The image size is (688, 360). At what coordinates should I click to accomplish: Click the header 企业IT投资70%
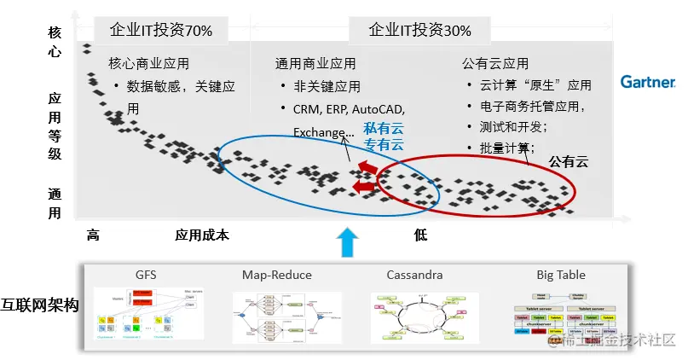pyautogui.click(x=161, y=31)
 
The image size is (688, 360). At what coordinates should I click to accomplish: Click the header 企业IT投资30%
pyautogui.click(x=419, y=31)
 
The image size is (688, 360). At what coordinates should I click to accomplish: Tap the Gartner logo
pyautogui.click(x=647, y=82)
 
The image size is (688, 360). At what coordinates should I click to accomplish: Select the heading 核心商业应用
pyautogui.click(x=148, y=64)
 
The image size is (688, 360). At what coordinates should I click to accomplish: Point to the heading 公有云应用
pyautogui.click(x=494, y=64)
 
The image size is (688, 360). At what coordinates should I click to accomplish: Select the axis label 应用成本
pyautogui.click(x=202, y=235)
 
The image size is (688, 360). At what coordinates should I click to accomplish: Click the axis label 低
pyautogui.click(x=420, y=235)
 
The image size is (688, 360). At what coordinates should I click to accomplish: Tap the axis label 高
pyautogui.click(x=94, y=235)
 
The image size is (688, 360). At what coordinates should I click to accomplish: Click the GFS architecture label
pyautogui.click(x=146, y=276)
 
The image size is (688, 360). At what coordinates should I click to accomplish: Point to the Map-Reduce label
pyautogui.click(x=277, y=276)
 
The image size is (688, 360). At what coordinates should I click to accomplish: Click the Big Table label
pyautogui.click(x=561, y=276)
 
